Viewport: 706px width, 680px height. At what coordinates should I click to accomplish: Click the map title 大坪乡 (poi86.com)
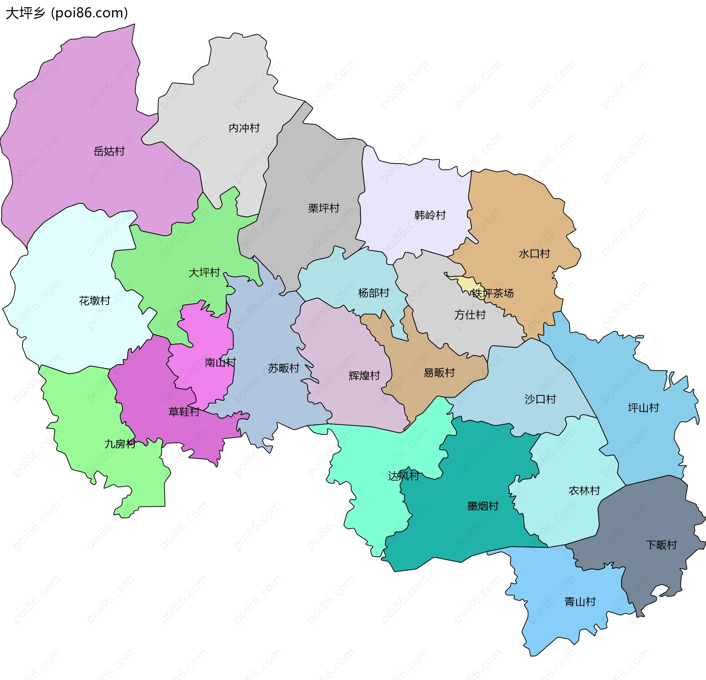click(67, 13)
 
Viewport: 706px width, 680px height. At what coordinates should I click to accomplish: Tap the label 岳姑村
click(109, 151)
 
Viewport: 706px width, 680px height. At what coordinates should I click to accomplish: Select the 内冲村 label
click(244, 128)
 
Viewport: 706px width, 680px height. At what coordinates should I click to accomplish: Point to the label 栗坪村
click(324, 208)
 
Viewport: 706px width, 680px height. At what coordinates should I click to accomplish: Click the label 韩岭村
click(430, 215)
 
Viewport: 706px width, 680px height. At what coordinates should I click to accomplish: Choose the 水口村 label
click(534, 254)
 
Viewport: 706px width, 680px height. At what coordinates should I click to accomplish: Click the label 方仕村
click(470, 315)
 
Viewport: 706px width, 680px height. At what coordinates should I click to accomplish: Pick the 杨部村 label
click(373, 293)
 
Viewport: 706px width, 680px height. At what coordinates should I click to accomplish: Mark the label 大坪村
click(204, 273)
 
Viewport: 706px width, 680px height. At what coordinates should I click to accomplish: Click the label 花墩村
click(95, 301)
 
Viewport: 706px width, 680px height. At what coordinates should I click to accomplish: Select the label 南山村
click(220, 363)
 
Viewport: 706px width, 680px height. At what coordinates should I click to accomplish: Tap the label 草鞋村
click(183, 412)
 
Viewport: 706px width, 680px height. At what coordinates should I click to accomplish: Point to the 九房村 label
click(120, 444)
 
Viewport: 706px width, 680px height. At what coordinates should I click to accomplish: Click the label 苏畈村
click(283, 368)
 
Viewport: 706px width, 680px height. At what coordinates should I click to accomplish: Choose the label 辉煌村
click(364, 375)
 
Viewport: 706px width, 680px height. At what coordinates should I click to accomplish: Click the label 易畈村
click(439, 373)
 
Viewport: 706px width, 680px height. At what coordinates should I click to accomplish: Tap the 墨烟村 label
click(482, 506)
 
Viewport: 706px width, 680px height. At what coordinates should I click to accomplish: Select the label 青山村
click(580, 602)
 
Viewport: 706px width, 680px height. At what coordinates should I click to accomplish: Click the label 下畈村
click(661, 545)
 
